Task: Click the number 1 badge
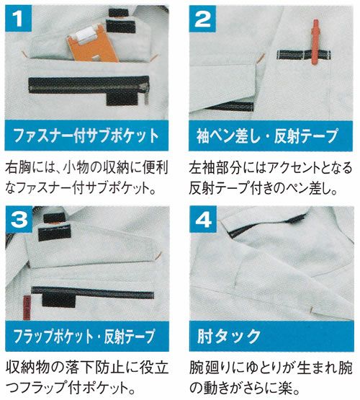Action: point(18,18)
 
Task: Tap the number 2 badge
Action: point(202,19)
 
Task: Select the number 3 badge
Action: point(19,219)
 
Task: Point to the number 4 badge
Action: point(203,219)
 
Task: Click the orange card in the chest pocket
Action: point(92,46)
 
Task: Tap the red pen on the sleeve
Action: point(315,42)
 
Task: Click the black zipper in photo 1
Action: point(89,84)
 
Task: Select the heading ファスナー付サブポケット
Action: point(86,135)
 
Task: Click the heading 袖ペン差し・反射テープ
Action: point(268,135)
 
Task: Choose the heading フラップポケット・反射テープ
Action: point(84,336)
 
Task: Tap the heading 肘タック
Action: point(228,337)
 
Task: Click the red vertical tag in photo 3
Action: point(27,308)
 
